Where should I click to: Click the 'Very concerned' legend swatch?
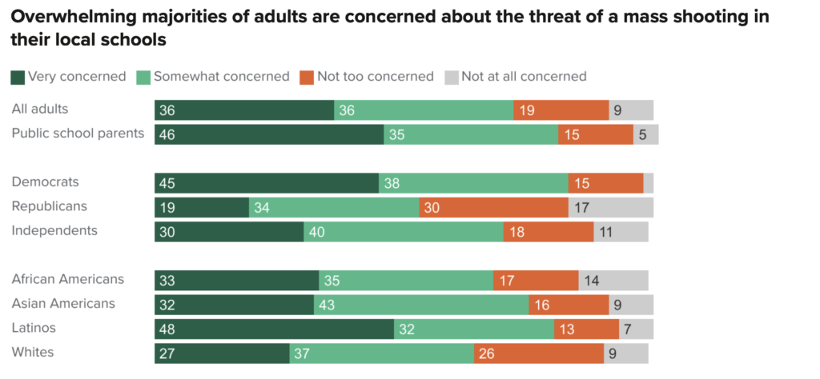click(18, 78)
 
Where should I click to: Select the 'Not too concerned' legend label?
click(375, 77)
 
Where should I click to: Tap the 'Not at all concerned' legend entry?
click(524, 77)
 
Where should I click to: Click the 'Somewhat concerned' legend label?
click(221, 77)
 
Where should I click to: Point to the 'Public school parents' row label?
click(78, 133)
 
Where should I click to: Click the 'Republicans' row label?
click(49, 206)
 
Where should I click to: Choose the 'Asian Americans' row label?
click(63, 304)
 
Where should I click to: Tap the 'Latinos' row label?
click(34, 328)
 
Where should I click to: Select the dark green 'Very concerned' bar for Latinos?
click(274, 329)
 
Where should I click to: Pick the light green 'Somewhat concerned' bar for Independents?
click(403, 232)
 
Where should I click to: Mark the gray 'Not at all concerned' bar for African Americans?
click(613, 280)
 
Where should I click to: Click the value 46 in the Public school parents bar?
click(167, 134)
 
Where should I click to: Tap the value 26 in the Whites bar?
click(487, 353)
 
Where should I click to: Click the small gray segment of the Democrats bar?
click(648, 183)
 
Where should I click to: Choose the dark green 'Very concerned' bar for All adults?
click(243, 110)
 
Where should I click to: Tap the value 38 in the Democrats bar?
click(392, 183)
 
